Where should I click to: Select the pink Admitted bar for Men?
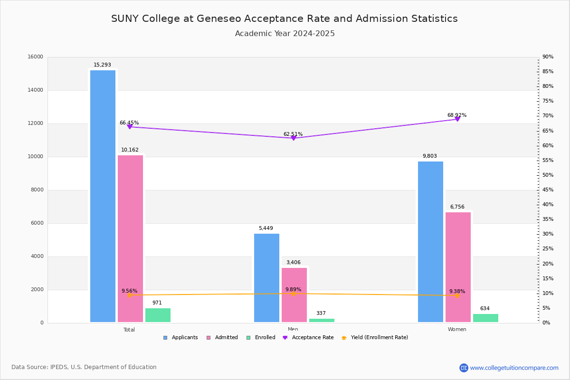tap(294, 295)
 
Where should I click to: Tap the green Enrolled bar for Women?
tap(485, 318)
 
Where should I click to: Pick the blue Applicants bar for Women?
tap(430, 242)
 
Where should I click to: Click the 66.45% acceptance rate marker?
tap(130, 127)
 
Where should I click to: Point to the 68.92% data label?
tap(456, 115)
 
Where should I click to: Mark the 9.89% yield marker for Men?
tap(294, 294)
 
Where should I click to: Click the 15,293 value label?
tap(102, 65)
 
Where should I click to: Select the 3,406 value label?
tap(293, 263)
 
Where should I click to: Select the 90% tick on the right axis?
tap(548, 57)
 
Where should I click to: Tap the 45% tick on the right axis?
tap(548, 190)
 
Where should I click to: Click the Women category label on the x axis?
tap(457, 330)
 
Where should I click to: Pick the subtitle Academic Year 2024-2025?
tap(285, 34)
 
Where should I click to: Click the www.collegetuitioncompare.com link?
tap(514, 368)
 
